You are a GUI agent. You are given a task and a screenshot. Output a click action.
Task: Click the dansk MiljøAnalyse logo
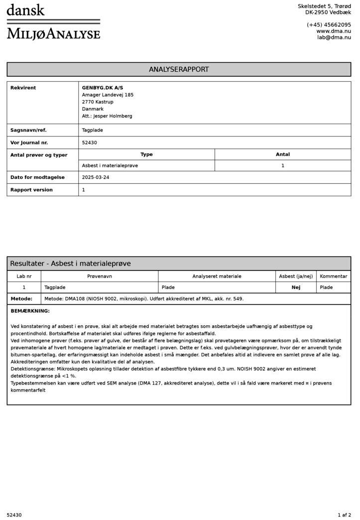(x=53, y=22)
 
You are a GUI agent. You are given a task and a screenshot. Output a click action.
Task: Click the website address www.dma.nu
(x=333, y=31)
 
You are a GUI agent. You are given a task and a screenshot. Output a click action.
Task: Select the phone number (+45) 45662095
(x=329, y=24)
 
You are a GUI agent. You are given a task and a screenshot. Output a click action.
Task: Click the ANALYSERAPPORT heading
(x=179, y=69)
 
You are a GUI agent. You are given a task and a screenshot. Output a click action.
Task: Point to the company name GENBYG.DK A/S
(x=103, y=88)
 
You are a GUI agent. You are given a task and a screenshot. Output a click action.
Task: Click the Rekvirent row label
(x=23, y=88)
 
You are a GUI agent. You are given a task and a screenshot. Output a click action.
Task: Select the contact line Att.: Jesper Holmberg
(x=107, y=116)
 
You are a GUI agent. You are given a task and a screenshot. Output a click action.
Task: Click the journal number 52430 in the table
(x=90, y=142)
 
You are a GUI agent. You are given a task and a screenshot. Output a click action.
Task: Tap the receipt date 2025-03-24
(x=96, y=177)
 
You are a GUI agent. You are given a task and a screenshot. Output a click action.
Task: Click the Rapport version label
(x=31, y=190)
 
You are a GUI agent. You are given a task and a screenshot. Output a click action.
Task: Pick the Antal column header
(x=282, y=154)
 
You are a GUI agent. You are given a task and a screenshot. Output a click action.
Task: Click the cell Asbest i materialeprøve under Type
(x=110, y=165)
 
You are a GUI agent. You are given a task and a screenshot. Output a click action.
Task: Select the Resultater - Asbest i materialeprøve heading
(x=70, y=263)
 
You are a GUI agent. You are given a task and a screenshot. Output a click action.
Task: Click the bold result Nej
(x=296, y=287)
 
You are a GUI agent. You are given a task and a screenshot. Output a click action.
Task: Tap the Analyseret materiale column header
(x=217, y=276)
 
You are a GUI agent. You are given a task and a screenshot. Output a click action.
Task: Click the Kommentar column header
(x=334, y=276)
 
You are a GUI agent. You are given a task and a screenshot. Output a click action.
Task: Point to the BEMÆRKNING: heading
(x=30, y=311)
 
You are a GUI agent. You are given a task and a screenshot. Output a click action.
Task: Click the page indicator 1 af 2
(x=344, y=515)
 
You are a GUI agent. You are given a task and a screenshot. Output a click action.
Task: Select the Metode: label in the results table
(x=21, y=299)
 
